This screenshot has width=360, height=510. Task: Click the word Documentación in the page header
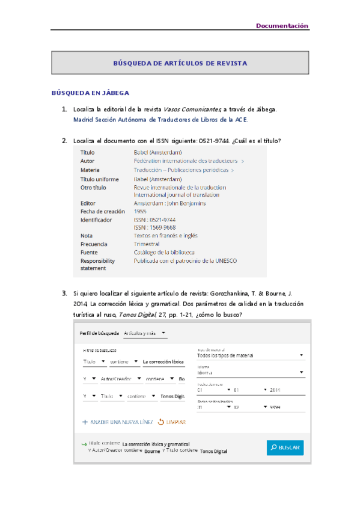(x=282, y=26)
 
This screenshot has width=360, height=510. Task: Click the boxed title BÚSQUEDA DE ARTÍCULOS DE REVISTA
(x=180, y=63)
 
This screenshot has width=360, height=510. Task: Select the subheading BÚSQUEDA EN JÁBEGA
(x=90, y=93)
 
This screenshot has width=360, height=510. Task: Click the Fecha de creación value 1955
(x=140, y=212)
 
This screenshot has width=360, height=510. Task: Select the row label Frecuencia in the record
(x=94, y=244)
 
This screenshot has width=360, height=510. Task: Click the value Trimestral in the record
(x=147, y=244)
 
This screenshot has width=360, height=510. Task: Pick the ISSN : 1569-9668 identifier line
(x=154, y=228)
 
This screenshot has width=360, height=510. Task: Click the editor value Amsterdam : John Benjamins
(x=169, y=203)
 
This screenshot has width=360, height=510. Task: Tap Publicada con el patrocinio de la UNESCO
(x=185, y=260)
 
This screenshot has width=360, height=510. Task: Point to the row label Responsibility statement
(x=97, y=264)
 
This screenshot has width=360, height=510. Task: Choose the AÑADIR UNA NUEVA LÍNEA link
(x=117, y=422)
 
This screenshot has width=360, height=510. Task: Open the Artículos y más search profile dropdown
(x=144, y=333)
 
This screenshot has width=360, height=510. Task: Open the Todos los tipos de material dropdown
(x=249, y=355)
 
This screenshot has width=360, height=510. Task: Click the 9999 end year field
(x=276, y=407)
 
